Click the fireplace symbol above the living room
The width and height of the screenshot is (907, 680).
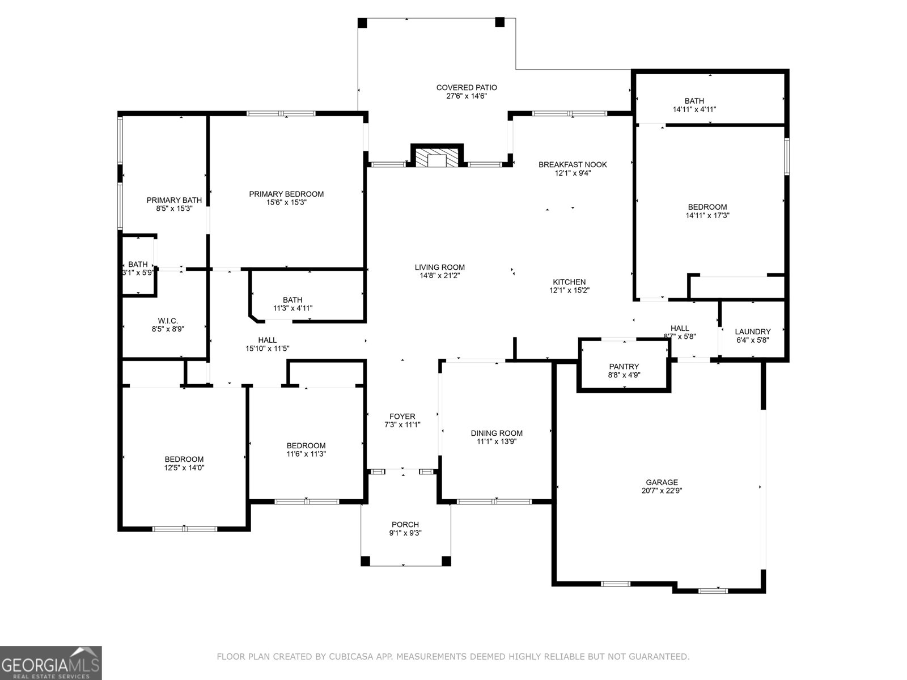click(x=436, y=158)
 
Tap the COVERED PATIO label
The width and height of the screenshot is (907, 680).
click(x=467, y=88)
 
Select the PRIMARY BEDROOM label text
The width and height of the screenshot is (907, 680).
click(x=286, y=194)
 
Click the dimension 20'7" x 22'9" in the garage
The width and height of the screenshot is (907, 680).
click(x=662, y=491)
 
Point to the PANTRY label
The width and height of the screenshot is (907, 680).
click(x=624, y=367)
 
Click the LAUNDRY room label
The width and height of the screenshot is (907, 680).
click(x=752, y=332)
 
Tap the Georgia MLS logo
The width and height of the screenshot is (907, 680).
click(x=51, y=662)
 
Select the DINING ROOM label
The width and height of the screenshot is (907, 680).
click(x=497, y=433)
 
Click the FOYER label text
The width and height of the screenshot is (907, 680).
click(x=402, y=416)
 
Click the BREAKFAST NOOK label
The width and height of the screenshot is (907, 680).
click(x=573, y=165)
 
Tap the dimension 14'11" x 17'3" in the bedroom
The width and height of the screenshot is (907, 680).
click(x=707, y=215)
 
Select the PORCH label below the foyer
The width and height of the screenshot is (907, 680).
click(x=405, y=525)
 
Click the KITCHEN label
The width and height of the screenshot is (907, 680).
click(x=569, y=282)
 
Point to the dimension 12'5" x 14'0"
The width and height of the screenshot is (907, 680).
click(x=184, y=468)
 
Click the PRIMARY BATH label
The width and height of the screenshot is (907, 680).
click(x=174, y=200)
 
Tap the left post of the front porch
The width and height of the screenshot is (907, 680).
click(x=366, y=561)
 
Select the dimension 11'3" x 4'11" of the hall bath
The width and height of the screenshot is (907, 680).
click(x=293, y=308)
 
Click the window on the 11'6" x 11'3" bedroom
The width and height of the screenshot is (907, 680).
click(x=307, y=501)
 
